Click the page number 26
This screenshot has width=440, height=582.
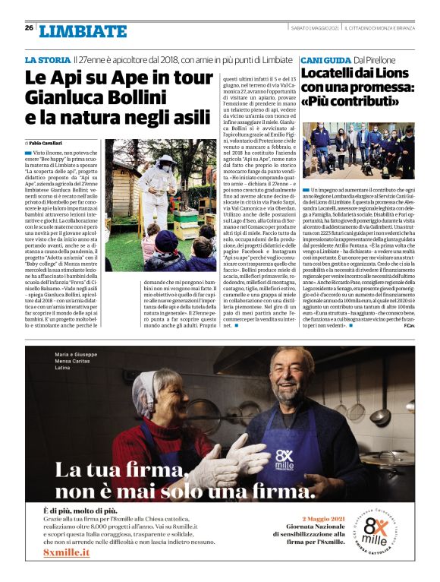coord(29,27)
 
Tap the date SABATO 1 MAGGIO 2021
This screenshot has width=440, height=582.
coord(315,27)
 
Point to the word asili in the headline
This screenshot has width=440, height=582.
coord(187,117)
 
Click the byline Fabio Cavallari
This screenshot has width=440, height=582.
coord(47,143)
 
